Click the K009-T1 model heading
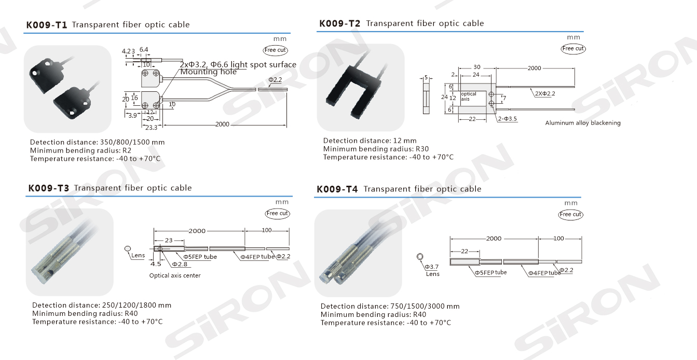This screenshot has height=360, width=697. [47, 25]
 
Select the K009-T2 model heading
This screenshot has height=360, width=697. [340, 24]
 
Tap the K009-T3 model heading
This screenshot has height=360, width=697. [49, 188]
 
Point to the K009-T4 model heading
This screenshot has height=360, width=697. [337, 189]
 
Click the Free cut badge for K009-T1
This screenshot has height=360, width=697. [275, 50]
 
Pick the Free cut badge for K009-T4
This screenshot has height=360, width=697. [570, 215]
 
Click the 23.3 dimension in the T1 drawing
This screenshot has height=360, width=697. [151, 128]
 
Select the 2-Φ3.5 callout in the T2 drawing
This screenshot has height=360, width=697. [508, 119]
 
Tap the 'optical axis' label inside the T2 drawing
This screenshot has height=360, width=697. [469, 96]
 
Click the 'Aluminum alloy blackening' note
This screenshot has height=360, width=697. [583, 123]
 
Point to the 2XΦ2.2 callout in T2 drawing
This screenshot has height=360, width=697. [545, 93]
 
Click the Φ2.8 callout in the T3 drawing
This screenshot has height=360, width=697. [180, 264]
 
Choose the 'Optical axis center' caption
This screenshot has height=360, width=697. [175, 275]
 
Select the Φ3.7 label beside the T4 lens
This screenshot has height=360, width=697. [432, 267]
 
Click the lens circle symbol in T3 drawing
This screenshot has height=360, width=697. [127, 248]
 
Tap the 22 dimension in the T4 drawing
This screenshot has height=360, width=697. [464, 251]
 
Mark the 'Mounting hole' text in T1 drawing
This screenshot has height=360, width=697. [209, 72]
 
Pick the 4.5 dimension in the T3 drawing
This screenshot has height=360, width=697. [156, 264]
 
